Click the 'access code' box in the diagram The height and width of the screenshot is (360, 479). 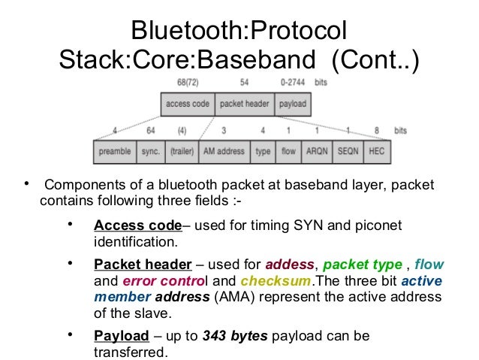point(187,104)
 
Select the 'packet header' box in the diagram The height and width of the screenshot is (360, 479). point(244,104)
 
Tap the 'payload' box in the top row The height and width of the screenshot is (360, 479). point(291,104)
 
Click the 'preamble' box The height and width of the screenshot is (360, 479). point(114,151)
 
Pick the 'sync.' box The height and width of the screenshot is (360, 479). point(150,151)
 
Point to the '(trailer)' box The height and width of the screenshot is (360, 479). point(182,151)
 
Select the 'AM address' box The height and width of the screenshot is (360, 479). point(224,151)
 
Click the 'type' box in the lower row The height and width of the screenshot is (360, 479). point(263,151)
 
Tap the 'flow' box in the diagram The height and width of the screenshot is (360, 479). point(288,151)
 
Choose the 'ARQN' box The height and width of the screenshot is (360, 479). point(316,151)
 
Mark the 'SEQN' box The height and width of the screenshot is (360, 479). point(348,151)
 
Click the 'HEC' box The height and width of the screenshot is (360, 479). point(376,151)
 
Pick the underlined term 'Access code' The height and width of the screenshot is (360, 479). point(137,226)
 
